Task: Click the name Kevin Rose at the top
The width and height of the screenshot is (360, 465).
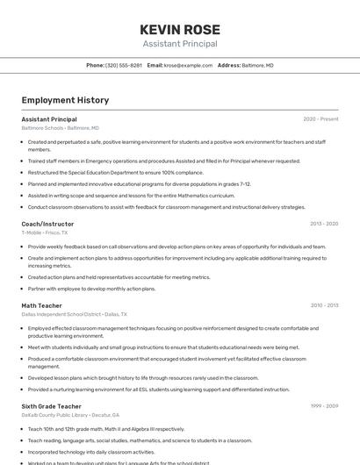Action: click(179, 28)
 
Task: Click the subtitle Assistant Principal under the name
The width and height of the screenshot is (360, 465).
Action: click(179, 44)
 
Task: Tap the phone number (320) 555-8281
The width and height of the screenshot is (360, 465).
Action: click(124, 65)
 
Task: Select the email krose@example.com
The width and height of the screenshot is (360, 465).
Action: click(188, 65)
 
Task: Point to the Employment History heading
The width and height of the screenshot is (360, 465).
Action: click(65, 100)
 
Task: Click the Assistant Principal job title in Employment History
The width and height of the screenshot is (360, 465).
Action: click(49, 119)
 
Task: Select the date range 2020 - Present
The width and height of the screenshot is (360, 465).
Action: click(320, 119)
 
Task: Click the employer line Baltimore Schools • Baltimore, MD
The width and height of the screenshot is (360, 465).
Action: click(60, 128)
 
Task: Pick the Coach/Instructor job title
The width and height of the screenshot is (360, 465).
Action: click(47, 224)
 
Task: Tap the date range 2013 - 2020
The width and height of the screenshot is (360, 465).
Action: click(323, 224)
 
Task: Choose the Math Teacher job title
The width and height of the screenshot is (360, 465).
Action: click(42, 305)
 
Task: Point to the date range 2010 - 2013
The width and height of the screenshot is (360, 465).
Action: click(323, 305)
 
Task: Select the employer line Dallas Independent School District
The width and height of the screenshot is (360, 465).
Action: click(74, 314)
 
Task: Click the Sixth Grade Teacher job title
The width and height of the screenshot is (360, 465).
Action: click(52, 406)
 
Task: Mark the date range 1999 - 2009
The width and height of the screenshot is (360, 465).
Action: click(323, 406)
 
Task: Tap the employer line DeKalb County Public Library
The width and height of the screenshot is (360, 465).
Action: click(70, 415)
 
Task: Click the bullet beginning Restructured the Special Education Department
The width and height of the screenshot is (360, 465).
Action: click(109, 172)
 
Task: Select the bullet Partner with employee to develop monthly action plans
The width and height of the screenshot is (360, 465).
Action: click(91, 288)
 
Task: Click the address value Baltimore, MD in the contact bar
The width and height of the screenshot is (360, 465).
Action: click(257, 65)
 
